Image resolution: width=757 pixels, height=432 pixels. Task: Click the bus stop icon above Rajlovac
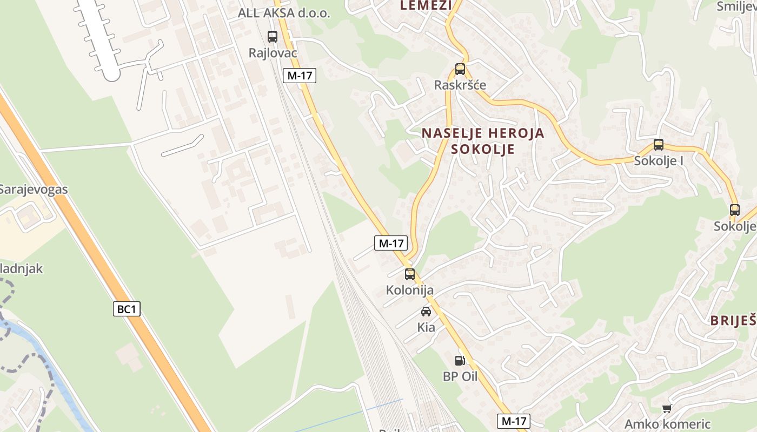[x=273, y=37]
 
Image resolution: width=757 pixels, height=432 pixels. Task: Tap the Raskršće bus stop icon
[x=460, y=69]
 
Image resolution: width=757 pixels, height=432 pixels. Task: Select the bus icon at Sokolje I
[x=659, y=145]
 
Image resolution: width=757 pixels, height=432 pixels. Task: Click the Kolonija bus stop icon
[x=410, y=274]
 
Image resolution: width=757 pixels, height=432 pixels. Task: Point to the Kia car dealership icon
[x=426, y=312]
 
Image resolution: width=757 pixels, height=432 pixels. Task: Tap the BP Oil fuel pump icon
[x=460, y=360]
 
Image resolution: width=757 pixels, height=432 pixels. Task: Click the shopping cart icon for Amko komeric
[x=667, y=408]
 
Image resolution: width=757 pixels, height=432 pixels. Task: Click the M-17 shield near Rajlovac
[x=300, y=76]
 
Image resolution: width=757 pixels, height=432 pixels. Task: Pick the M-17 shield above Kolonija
[x=391, y=243]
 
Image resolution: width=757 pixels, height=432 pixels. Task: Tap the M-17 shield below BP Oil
[x=513, y=421]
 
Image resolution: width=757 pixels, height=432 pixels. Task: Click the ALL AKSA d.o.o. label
[x=284, y=13]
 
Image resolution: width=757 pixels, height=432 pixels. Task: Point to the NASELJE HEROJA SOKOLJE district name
[x=483, y=141]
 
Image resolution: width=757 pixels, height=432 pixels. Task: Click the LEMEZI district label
[x=426, y=5]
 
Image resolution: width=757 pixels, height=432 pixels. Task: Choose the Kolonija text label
[x=410, y=290]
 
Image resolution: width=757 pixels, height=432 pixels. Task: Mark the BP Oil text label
[x=460, y=376]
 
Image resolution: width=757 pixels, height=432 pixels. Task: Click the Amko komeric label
[x=667, y=424]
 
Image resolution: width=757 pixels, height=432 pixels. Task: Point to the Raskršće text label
[x=460, y=85]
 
